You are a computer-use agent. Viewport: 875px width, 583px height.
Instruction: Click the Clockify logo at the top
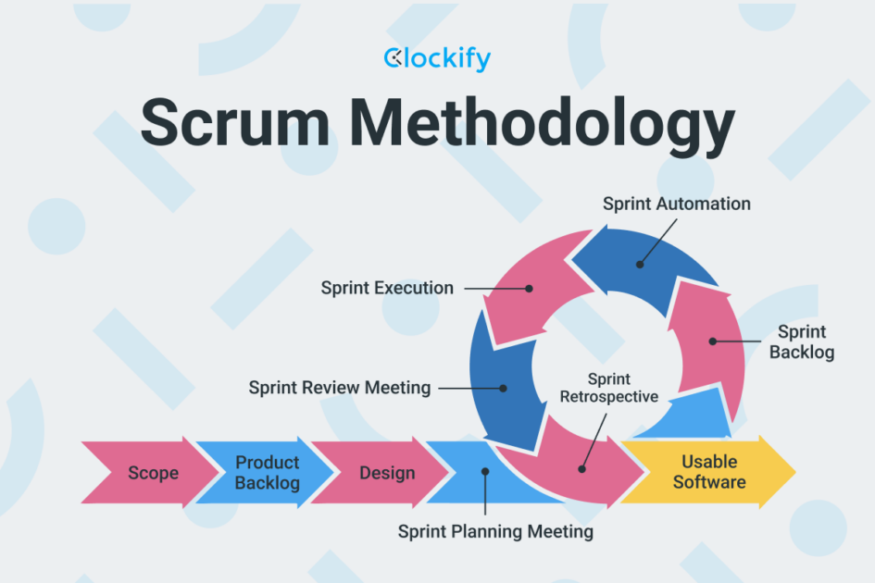tap(437, 59)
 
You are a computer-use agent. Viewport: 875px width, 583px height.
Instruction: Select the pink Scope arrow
tap(148, 473)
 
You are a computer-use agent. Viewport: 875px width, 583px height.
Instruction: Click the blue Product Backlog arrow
tap(264, 473)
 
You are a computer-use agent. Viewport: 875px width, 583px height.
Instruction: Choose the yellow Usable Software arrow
tap(708, 472)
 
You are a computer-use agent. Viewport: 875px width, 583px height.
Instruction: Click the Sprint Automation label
tap(676, 204)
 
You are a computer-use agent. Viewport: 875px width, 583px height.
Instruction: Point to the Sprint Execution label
tap(387, 288)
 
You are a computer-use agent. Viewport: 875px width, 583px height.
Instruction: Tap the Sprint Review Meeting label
tap(339, 388)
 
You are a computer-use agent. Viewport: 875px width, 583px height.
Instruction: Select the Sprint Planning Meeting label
tap(495, 532)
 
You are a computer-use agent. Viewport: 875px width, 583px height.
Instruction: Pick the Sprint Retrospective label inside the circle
tap(608, 388)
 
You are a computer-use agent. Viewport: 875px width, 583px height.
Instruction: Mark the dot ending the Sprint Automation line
tap(639, 264)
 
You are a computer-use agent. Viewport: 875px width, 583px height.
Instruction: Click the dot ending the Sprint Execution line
tap(530, 288)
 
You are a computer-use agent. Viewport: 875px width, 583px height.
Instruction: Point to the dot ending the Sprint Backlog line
tap(713, 341)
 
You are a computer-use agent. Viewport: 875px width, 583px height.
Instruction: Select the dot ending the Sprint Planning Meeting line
tap(484, 472)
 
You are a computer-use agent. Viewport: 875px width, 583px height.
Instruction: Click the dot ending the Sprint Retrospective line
tap(581, 468)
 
